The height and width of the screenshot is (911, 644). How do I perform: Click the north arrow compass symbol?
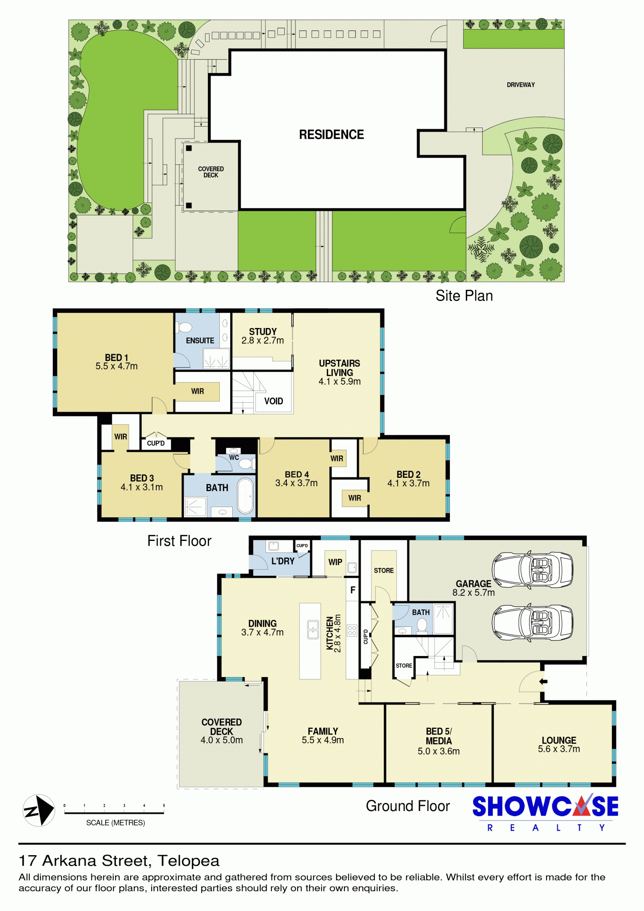39,810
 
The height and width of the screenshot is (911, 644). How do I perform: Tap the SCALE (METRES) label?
115,823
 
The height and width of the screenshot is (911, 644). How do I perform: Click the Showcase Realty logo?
545,812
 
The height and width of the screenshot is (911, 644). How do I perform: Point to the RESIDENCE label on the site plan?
331,135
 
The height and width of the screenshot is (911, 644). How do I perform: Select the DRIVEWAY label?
521,85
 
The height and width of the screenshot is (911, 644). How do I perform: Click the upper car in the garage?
532,570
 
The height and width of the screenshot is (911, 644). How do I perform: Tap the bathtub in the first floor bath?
246,496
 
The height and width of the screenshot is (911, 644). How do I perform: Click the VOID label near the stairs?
273,401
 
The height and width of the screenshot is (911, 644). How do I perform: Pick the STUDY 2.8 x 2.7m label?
263,336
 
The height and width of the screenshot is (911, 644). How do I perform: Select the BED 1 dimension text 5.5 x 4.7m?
116,366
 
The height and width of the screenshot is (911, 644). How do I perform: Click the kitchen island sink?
313,629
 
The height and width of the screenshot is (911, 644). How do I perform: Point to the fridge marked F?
352,590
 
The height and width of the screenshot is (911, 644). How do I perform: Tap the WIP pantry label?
335,562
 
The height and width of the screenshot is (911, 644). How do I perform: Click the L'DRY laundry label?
283,561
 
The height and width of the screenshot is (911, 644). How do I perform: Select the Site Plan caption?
464,296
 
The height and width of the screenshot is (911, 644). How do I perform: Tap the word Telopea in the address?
188,861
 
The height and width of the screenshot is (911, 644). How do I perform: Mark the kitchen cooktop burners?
352,630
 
